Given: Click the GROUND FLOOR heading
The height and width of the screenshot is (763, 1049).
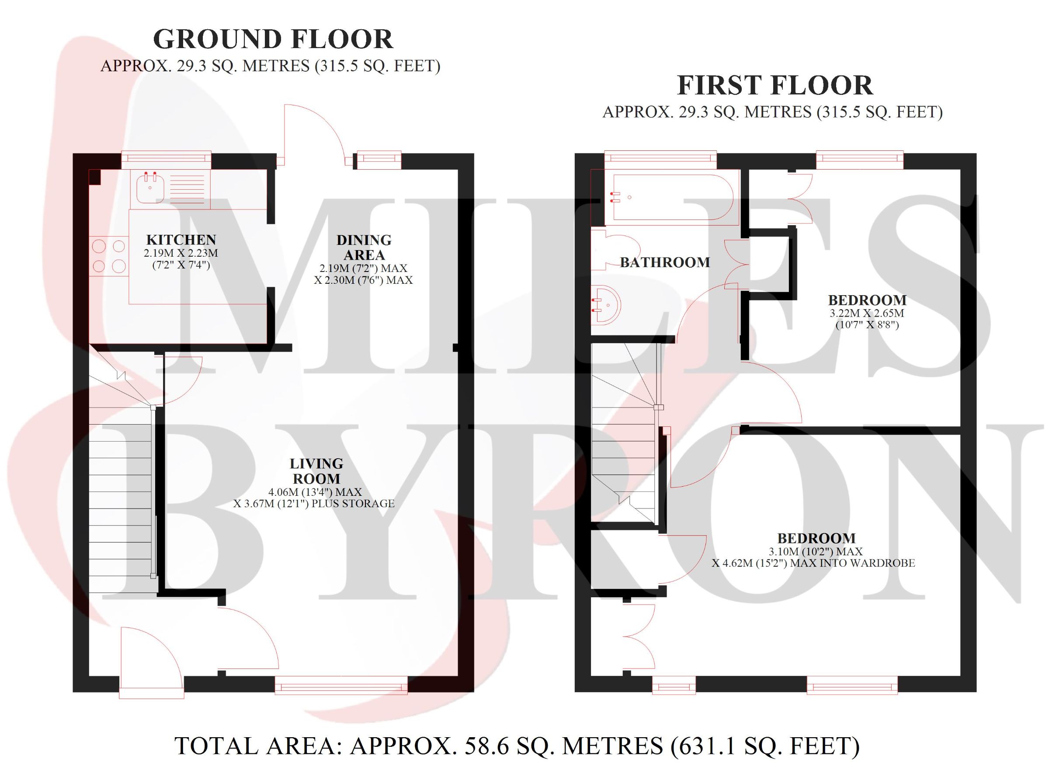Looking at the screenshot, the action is (x=273, y=39).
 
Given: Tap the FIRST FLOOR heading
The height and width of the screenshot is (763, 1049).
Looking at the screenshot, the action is (x=775, y=86).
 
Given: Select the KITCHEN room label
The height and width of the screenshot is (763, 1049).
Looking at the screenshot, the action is (x=181, y=240).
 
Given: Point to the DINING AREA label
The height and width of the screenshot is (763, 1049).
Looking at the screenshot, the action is (x=364, y=247).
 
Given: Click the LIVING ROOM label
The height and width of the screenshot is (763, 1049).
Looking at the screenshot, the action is (x=316, y=471).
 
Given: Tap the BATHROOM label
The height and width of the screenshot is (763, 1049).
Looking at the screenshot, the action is (x=665, y=262).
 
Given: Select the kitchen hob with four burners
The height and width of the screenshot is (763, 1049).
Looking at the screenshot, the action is (x=109, y=256).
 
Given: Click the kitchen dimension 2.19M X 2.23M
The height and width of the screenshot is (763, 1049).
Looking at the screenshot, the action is (x=181, y=253).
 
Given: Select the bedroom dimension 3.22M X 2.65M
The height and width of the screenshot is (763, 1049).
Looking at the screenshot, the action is (x=867, y=313).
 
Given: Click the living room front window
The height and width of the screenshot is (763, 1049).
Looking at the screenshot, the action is (x=341, y=685).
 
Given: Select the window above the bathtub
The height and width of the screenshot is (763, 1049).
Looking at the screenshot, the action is (x=660, y=159).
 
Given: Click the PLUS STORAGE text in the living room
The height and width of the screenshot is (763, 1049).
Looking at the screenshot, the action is (x=353, y=503).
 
